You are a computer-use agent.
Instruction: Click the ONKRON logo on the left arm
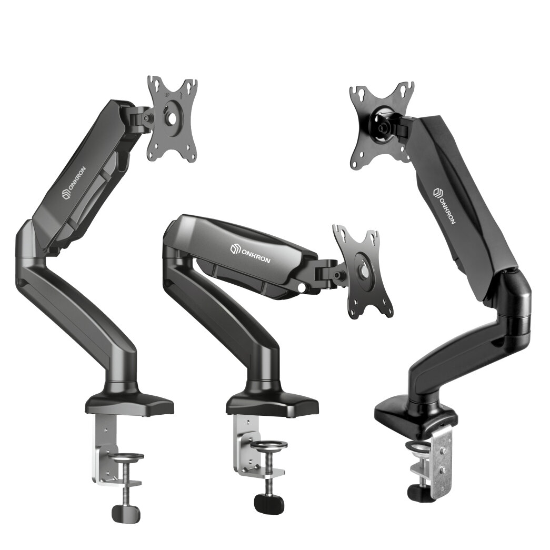(x=74, y=183)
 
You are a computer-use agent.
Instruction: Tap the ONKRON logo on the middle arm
(x=250, y=254)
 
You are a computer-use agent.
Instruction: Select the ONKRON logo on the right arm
(x=443, y=206)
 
